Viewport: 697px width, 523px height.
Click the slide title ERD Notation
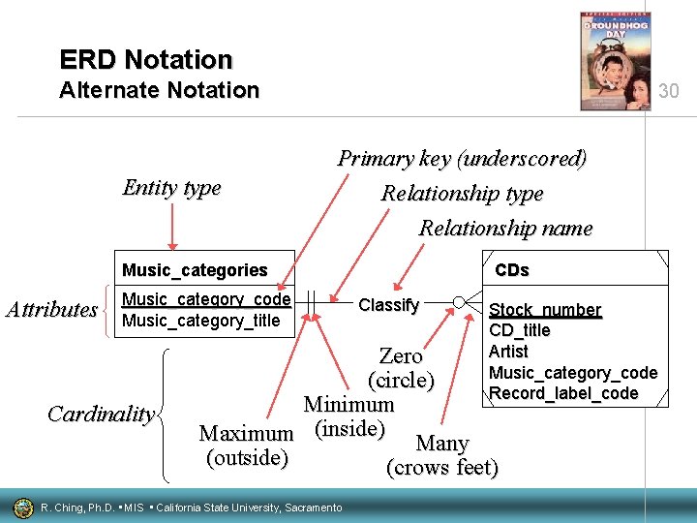tap(146, 60)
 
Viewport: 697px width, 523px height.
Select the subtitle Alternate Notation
tap(159, 91)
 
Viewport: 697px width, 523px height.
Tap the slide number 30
tap(669, 91)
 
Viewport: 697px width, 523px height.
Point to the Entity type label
tap(171, 188)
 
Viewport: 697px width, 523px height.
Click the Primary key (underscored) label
tap(462, 158)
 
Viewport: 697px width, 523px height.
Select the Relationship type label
tap(462, 194)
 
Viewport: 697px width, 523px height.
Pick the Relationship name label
tap(504, 229)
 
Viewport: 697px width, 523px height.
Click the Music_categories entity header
tap(195, 270)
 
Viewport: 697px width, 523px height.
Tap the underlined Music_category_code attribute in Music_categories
tap(206, 300)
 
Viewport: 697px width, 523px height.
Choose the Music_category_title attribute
tap(201, 321)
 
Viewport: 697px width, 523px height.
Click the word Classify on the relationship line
tap(388, 305)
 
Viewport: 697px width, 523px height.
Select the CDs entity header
tap(512, 270)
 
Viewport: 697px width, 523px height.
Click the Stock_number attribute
tap(545, 310)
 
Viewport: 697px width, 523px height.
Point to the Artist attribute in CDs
tap(508, 352)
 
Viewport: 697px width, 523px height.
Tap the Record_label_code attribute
tap(563, 393)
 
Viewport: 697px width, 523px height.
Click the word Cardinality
tap(101, 415)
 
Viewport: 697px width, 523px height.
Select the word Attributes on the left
tap(51, 310)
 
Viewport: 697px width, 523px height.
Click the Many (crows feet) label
tap(442, 455)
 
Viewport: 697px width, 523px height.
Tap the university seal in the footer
tap(22, 508)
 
